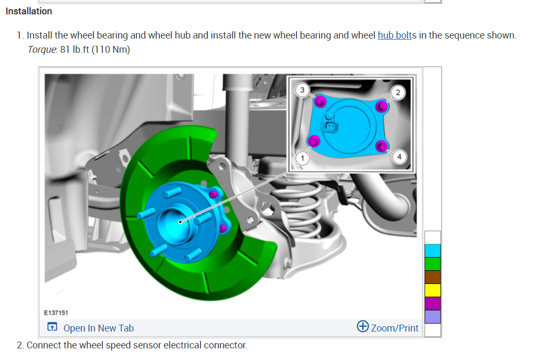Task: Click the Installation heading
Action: [x=29, y=12]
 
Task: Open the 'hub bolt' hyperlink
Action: [x=394, y=35]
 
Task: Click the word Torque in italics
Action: [x=42, y=50]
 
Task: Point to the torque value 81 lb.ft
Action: [x=74, y=50]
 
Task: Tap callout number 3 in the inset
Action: [x=302, y=90]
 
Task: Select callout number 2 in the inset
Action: [x=398, y=92]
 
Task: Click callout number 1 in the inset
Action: [x=303, y=158]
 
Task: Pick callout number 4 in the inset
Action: [x=399, y=157]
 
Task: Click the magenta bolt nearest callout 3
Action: [x=320, y=101]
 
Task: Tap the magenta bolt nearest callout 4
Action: [x=381, y=146]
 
